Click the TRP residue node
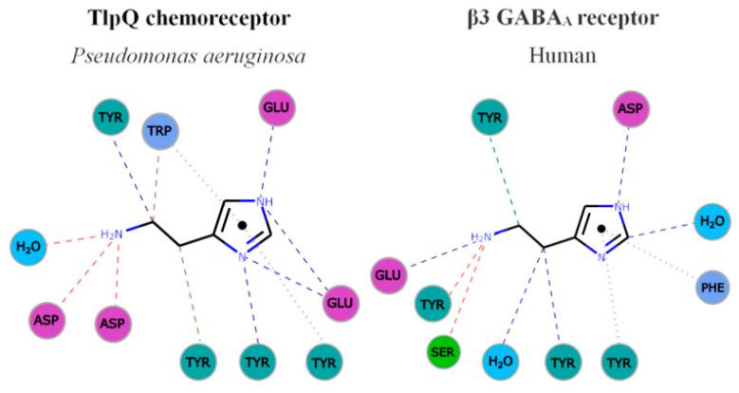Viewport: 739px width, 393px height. (x=161, y=133)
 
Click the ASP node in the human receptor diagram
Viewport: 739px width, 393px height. (x=631, y=109)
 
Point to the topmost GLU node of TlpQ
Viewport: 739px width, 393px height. (x=276, y=109)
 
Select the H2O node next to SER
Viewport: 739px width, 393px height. (x=505, y=361)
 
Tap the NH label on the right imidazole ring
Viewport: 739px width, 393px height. (x=622, y=205)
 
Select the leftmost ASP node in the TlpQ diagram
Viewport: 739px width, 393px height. (x=47, y=319)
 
